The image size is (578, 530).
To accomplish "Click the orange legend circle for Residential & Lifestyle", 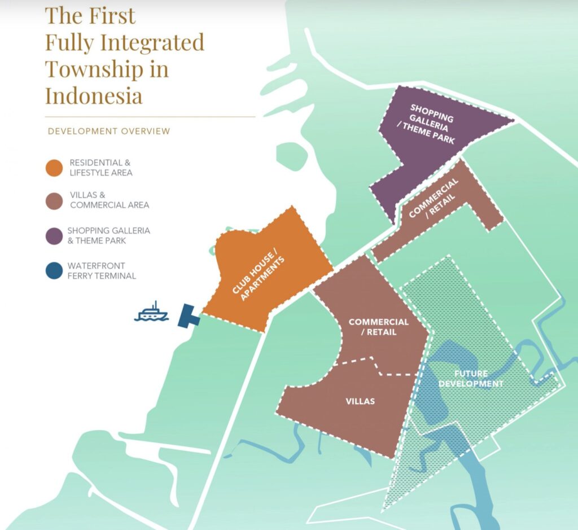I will point(55,168).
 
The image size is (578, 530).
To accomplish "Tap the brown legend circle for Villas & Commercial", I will point(55,200).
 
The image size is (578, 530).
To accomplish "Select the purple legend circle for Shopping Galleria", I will point(55,235).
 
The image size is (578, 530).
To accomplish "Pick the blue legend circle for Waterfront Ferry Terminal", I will point(55,270).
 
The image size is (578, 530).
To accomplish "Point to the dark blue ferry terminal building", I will point(187,316).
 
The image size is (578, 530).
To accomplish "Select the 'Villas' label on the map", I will point(360,401).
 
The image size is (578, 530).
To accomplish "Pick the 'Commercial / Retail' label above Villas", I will point(378,327).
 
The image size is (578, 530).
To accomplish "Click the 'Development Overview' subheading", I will point(108,131).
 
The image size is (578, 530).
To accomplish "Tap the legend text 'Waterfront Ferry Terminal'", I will point(102,270).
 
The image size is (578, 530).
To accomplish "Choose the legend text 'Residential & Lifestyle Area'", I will point(101,168).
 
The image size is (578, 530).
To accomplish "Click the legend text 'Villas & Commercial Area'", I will point(110,200).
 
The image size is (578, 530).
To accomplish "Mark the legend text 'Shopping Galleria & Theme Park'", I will point(108,235).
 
